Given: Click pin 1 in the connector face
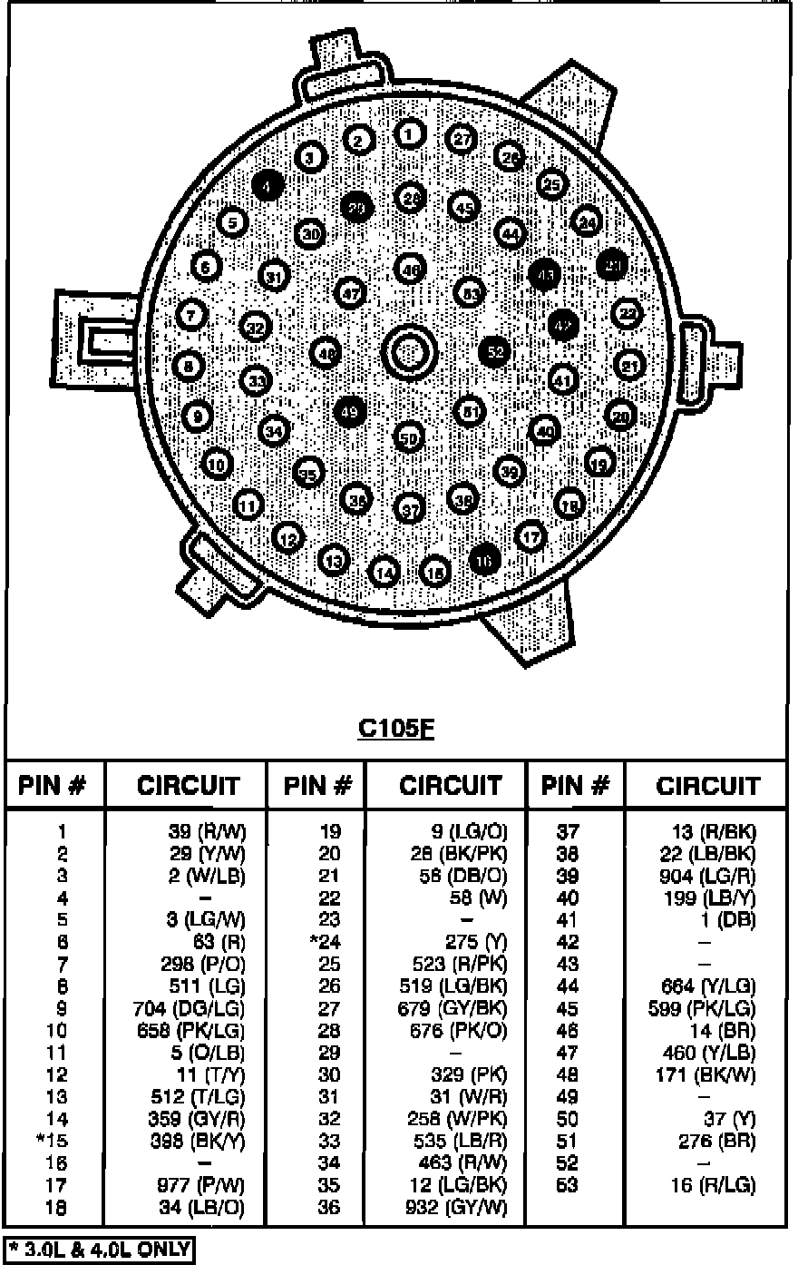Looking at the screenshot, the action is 410,135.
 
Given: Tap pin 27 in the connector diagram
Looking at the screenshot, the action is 462,139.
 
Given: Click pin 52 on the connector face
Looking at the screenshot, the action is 494,351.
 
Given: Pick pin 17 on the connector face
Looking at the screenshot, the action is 532,536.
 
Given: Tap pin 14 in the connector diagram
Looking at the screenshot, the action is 385,573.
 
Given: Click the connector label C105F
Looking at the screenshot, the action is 395,729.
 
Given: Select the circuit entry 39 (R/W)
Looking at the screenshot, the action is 208,831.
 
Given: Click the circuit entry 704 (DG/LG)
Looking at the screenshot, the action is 195,1008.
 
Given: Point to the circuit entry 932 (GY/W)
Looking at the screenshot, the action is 456,1208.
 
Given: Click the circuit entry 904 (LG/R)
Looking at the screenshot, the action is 707,876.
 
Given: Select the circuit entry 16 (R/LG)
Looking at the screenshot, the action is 714,1185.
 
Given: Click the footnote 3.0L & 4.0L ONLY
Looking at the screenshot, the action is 99,1250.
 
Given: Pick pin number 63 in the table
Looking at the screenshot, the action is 567,1185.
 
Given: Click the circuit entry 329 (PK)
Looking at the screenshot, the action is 471,1074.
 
